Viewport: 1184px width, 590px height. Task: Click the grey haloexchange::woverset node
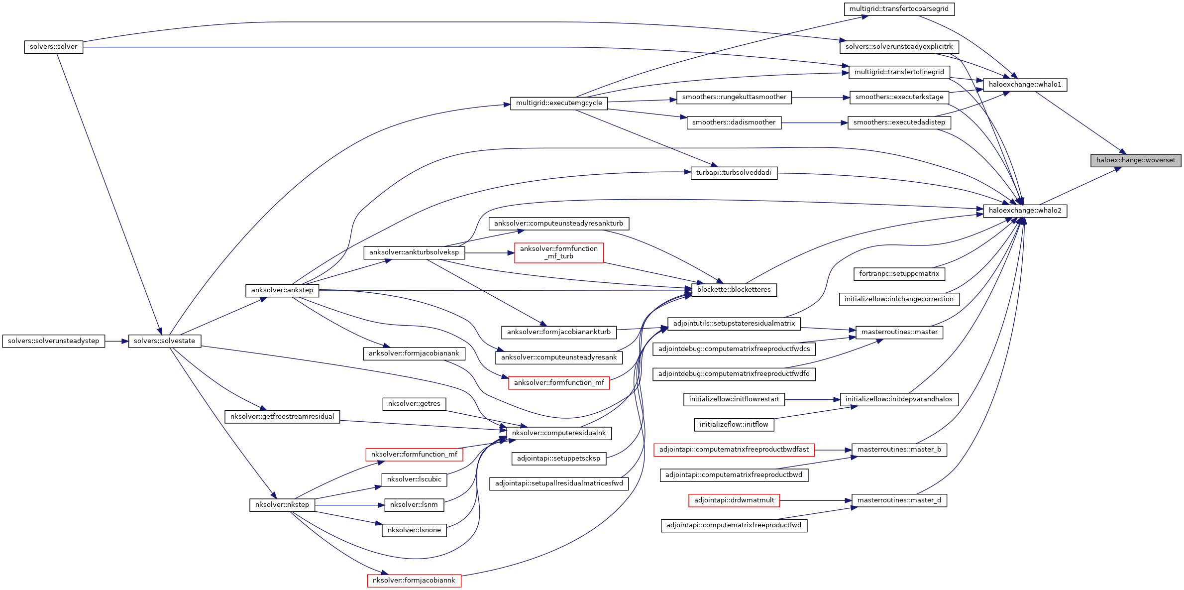(1135, 160)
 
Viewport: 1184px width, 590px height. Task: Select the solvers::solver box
(53, 47)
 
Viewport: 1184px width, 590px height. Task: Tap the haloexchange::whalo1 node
(1025, 85)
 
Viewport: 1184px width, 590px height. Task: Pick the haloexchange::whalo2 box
(1025, 211)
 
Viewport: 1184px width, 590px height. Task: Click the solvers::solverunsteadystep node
(53, 341)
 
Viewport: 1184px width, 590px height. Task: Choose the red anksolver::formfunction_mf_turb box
(558, 252)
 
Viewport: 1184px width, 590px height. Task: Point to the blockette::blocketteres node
(734, 290)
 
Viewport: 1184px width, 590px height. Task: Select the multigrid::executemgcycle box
(558, 103)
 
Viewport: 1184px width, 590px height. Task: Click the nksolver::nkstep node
(282, 505)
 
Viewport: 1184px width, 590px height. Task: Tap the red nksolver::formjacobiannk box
(414, 581)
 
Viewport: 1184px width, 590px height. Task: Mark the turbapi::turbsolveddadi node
(734, 173)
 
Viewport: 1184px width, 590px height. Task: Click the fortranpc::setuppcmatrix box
(899, 274)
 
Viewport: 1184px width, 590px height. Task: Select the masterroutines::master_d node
(899, 500)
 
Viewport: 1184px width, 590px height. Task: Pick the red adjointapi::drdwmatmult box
(734, 500)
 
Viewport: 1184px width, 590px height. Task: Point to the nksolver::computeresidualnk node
(558, 433)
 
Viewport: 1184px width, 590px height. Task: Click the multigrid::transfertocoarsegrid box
(899, 9)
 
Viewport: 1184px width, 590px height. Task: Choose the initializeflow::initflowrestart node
(734, 399)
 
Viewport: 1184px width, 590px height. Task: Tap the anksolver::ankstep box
(282, 290)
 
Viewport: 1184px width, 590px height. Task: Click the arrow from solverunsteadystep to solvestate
(116, 341)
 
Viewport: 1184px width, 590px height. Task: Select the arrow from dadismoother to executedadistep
(814, 122)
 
